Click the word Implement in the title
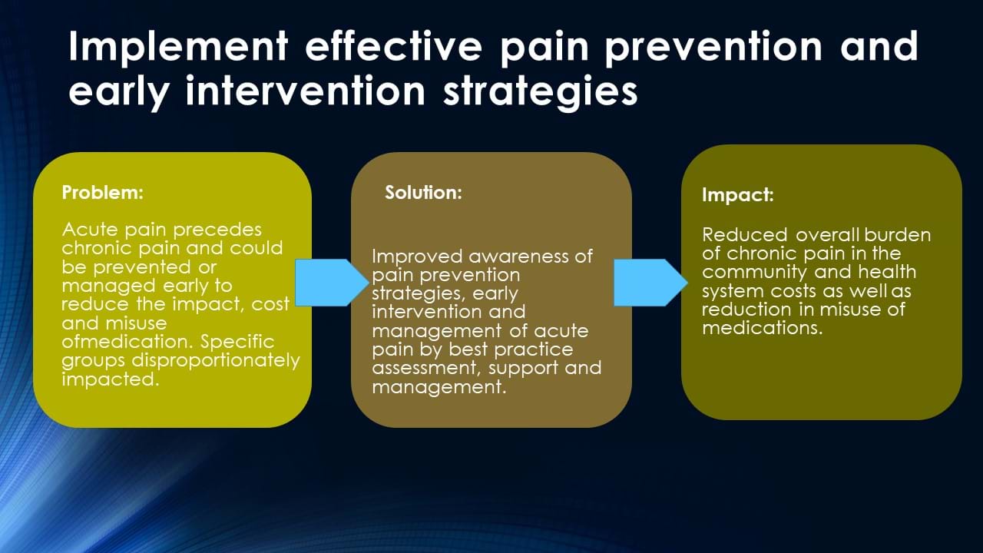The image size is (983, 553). [178, 47]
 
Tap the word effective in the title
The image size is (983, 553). [394, 45]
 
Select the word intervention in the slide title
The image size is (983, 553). [306, 91]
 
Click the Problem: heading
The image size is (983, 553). [103, 192]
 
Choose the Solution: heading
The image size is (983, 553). [423, 192]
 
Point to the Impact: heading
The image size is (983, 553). [738, 195]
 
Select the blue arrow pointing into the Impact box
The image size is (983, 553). [650, 283]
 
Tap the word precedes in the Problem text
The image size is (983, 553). [217, 230]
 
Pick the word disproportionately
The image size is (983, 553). [216, 361]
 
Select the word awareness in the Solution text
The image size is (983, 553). [518, 257]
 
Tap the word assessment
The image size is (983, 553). [424, 368]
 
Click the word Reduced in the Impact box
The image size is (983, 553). [745, 235]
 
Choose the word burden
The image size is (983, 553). [898, 235]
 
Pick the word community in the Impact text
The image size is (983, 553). [754, 273]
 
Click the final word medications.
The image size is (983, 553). [763, 328]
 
